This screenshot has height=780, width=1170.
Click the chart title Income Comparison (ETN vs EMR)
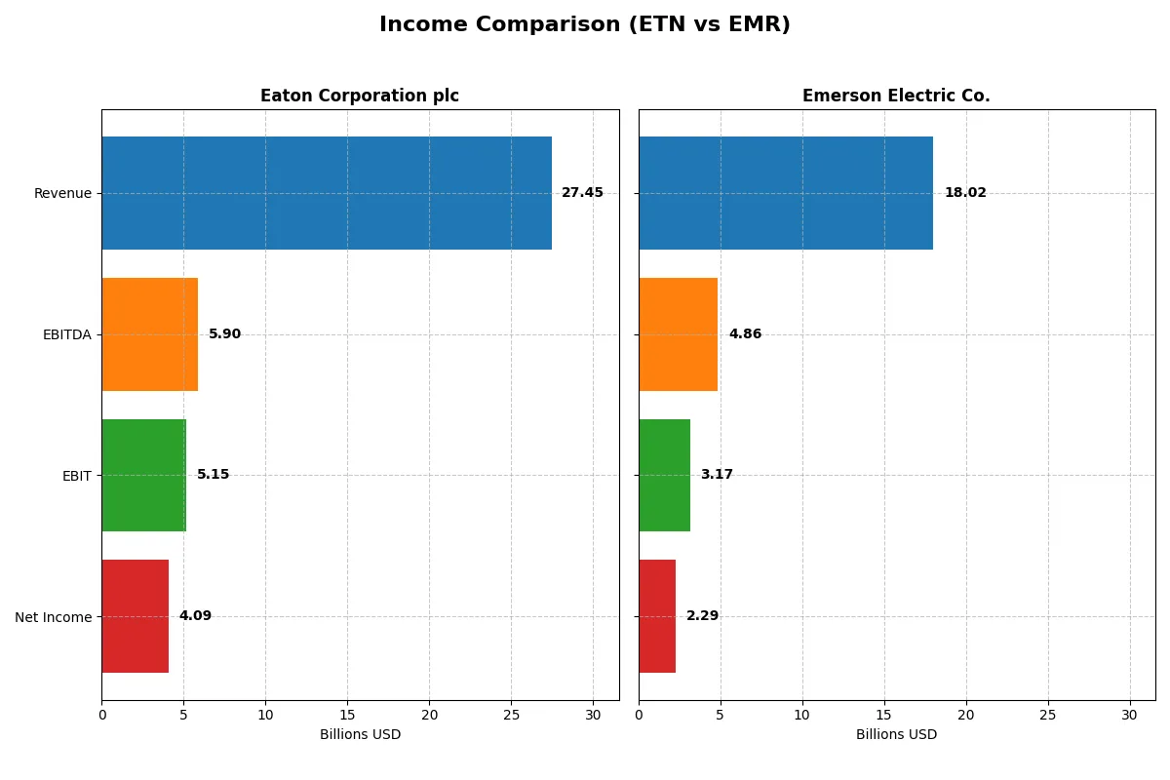584,24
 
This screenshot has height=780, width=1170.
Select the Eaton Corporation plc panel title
359,96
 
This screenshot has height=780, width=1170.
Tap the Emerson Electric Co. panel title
895,96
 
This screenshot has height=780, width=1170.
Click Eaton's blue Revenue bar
327,193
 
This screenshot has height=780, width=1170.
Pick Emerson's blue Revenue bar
786,193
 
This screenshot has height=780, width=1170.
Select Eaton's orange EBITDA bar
149,334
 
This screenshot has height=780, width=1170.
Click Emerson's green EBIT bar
664,476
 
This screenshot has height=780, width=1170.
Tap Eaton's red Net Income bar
135,616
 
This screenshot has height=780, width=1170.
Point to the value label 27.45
582,193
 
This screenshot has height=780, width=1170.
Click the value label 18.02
964,193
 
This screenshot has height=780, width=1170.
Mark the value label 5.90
224,334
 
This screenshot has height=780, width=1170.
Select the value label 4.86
745,334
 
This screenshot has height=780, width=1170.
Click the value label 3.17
717,475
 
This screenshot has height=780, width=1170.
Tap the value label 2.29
702,616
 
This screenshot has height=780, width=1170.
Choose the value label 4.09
195,616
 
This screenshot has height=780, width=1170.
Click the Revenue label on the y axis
62,193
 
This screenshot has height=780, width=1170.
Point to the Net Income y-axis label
54,617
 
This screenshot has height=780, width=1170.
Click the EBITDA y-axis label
66,334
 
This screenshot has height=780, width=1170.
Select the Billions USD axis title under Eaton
360,735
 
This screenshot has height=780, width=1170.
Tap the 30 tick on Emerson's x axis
1129,715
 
